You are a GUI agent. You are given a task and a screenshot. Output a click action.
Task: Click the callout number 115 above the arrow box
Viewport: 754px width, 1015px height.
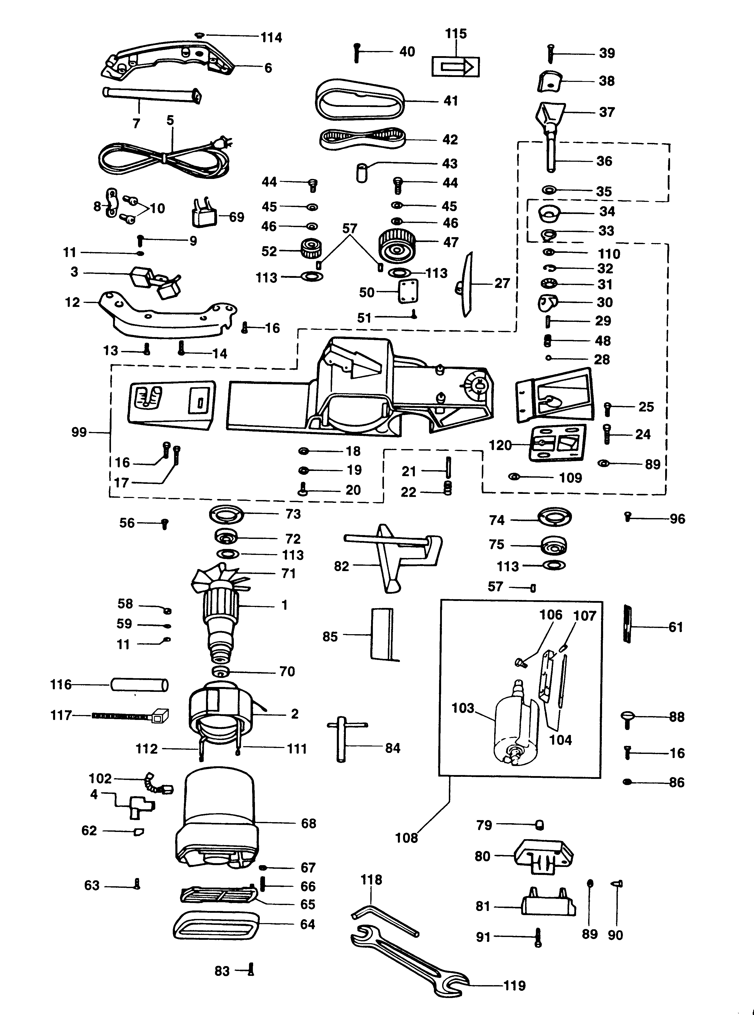(456, 34)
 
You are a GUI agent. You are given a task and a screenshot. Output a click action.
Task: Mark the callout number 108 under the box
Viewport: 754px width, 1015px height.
(406, 838)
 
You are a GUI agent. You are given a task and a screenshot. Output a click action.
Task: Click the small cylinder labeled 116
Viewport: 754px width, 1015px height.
(139, 685)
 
